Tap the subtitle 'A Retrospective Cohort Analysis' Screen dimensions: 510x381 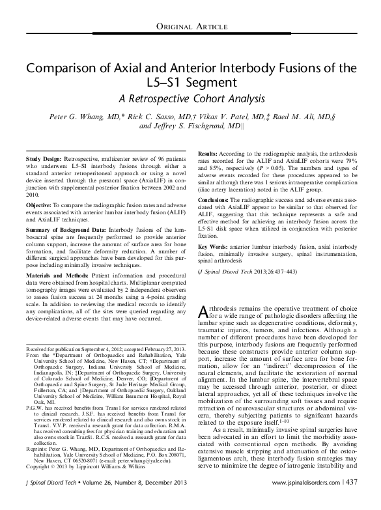190,100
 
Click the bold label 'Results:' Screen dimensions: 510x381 208,151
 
